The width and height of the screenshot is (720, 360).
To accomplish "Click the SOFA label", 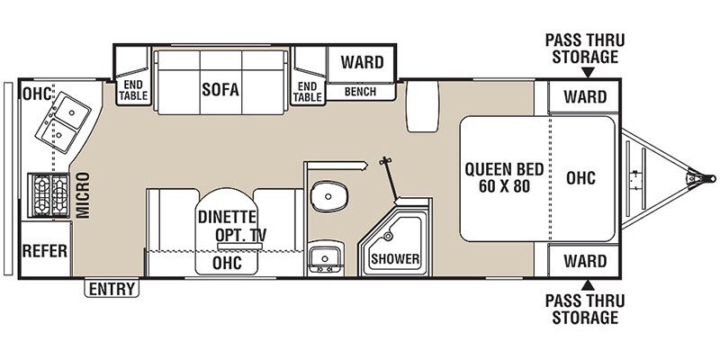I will pos(219,89).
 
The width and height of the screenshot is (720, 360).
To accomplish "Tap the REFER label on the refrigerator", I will pos(45,251).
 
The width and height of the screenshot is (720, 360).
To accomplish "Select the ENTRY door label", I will pos(112,289).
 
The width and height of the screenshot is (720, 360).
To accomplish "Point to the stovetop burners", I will pos(51,193).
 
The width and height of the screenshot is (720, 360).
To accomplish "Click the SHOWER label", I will pos(395,258).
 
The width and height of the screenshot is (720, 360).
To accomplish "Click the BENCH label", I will pos(360,92).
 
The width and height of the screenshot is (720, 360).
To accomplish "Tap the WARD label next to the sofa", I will pos(361,63).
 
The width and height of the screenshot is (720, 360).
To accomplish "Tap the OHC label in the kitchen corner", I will pos(36,92).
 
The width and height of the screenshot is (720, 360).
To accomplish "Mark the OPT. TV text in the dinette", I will pos(241,235).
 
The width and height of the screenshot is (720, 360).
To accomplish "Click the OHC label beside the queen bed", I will pos(580,177).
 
